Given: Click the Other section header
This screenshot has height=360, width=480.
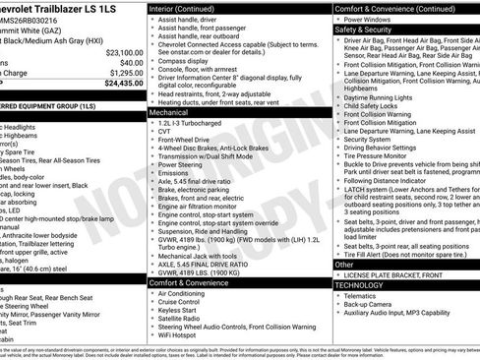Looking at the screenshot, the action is tap(344, 264).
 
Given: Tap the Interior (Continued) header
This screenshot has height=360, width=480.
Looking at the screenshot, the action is tap(189, 8).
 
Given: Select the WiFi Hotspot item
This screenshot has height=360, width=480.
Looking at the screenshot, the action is tap(182, 335).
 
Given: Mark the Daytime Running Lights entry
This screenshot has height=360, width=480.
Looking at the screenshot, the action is tap(383, 97).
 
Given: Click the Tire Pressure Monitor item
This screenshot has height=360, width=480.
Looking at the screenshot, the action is tap(385, 155).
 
